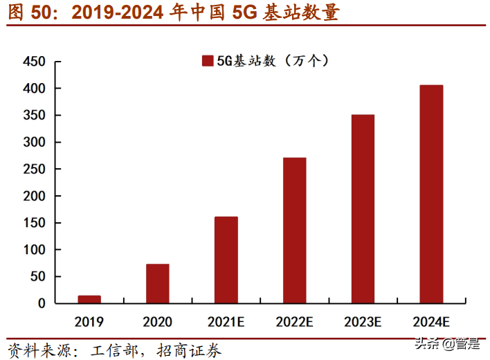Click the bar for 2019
89,299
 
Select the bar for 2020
157,283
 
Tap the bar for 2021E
226,260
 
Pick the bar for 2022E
294,230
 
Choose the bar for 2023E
363,208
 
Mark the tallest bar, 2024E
431,194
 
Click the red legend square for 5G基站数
207,61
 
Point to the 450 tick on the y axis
35,62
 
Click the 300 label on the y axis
35,143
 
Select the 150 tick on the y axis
35,223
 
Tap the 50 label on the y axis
38,276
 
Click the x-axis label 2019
89,321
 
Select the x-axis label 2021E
226,321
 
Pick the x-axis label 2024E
431,321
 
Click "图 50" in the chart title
27,12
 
